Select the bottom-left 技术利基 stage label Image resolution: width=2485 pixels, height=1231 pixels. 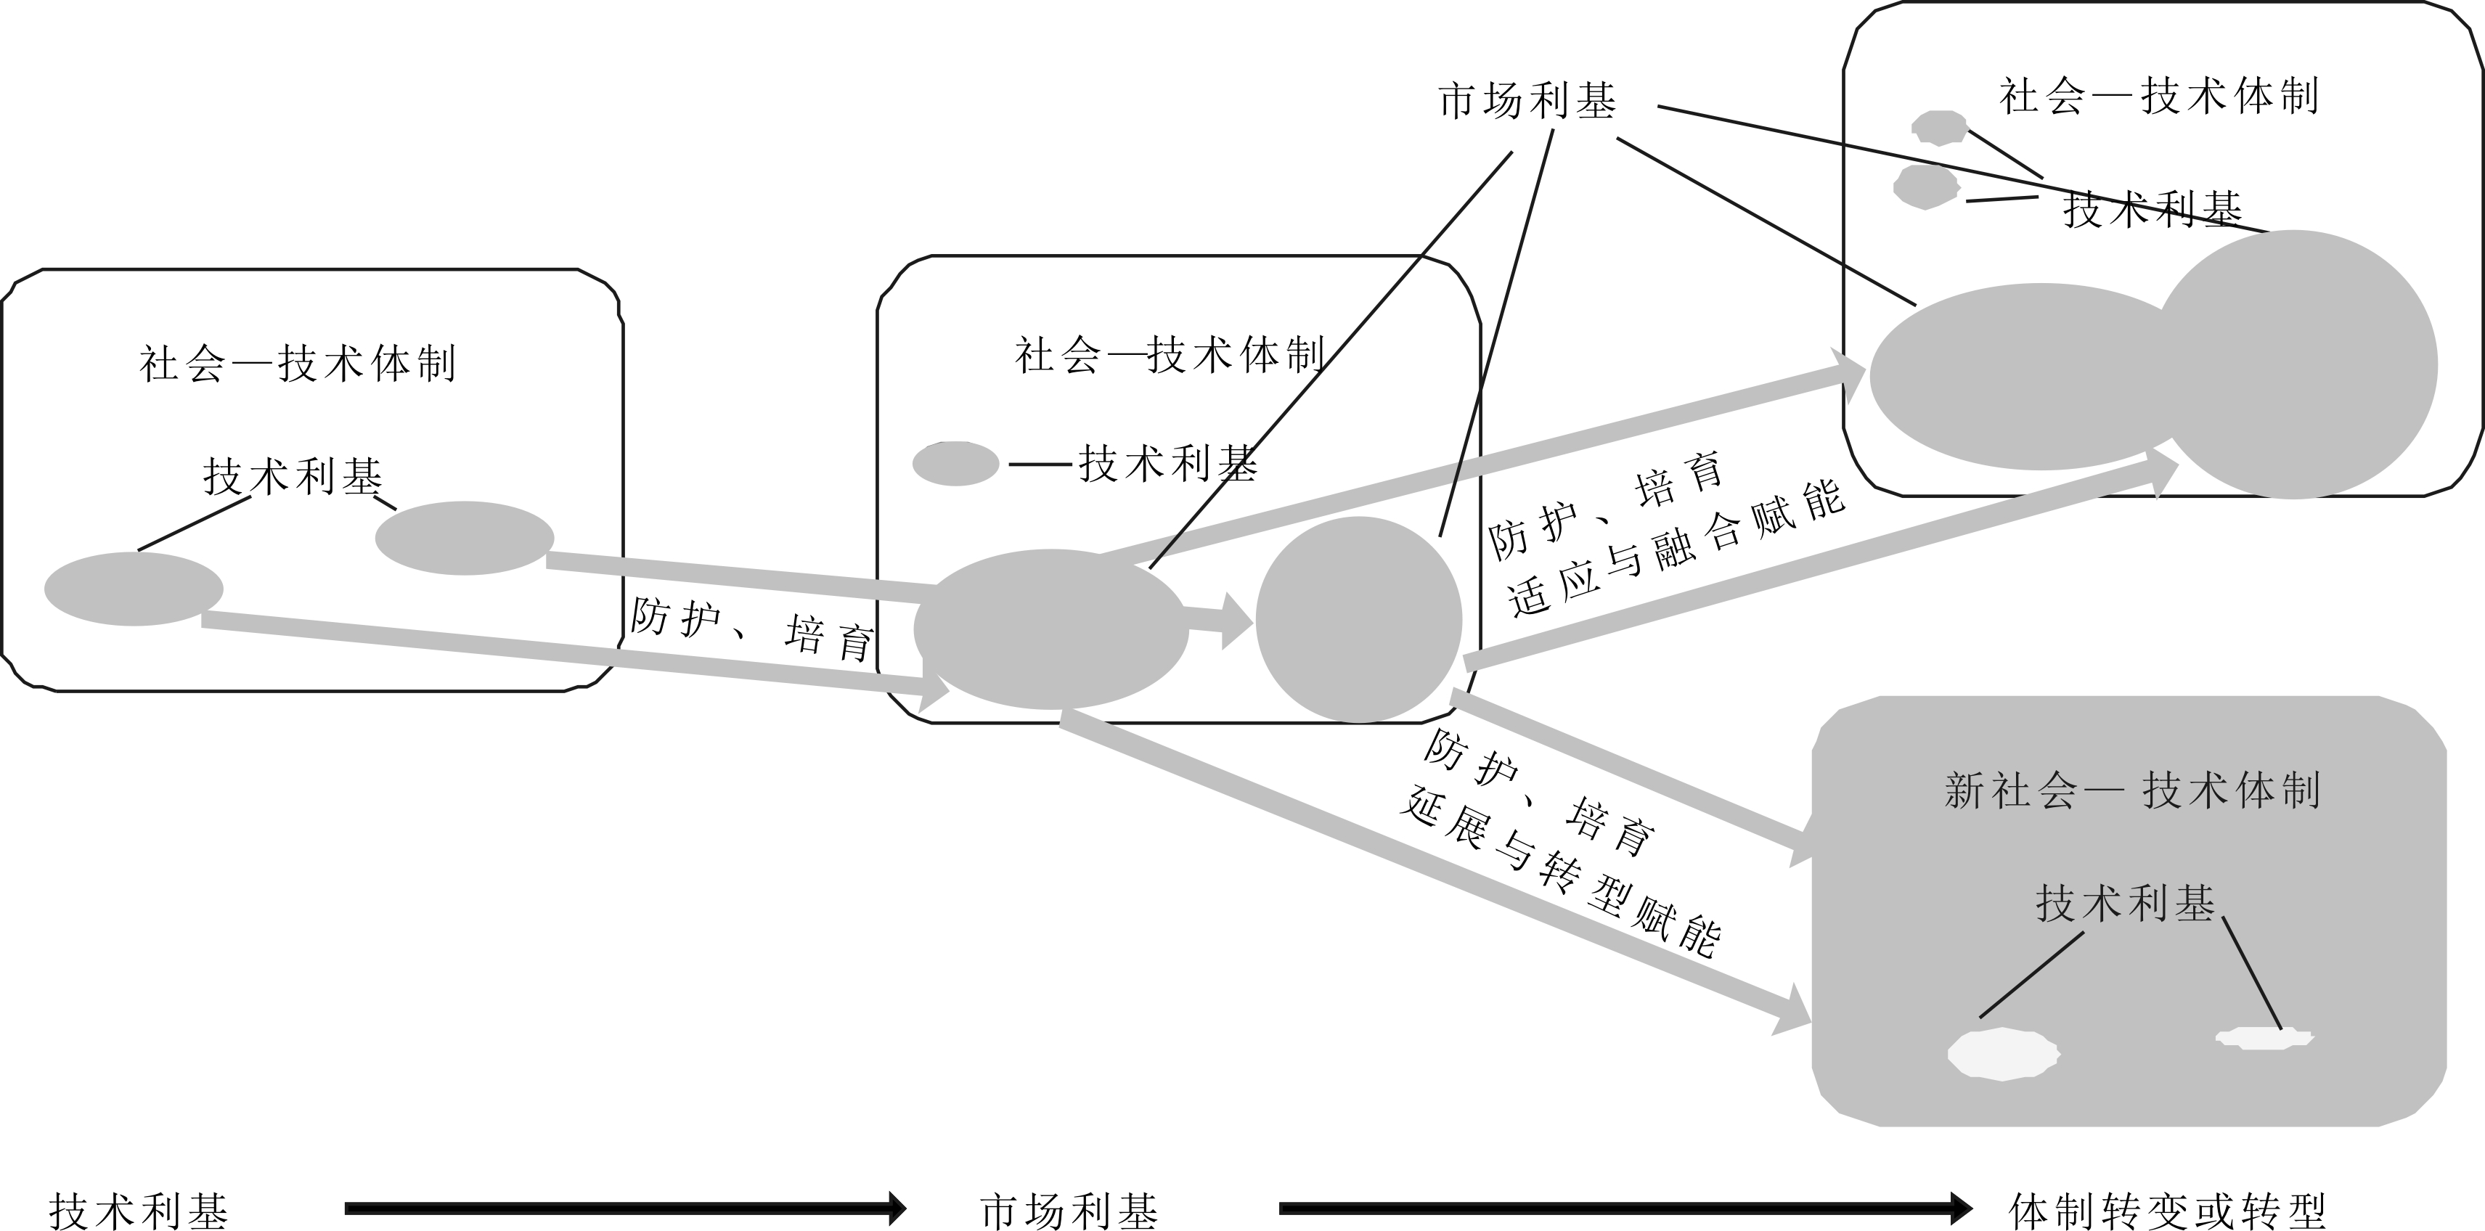(139, 1210)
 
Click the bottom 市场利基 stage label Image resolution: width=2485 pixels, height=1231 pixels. (1069, 1210)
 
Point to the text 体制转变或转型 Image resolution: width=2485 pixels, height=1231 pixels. (2166, 1210)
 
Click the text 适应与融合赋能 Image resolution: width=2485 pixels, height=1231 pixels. (1676, 548)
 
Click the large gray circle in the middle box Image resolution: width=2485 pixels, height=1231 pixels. (1358, 619)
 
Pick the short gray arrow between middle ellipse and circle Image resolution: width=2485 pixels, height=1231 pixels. (1220, 621)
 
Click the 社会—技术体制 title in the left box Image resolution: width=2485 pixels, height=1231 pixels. (297, 364)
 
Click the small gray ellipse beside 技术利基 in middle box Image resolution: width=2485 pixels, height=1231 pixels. (955, 464)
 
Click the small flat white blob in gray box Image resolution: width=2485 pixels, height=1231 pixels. (2263, 1038)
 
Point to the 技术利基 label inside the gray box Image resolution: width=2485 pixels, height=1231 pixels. (2124, 904)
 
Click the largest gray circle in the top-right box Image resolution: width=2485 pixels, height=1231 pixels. (2296, 364)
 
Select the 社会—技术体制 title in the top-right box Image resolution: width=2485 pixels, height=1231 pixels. (2159, 97)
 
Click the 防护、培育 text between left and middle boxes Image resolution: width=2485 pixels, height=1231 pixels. (752, 628)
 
